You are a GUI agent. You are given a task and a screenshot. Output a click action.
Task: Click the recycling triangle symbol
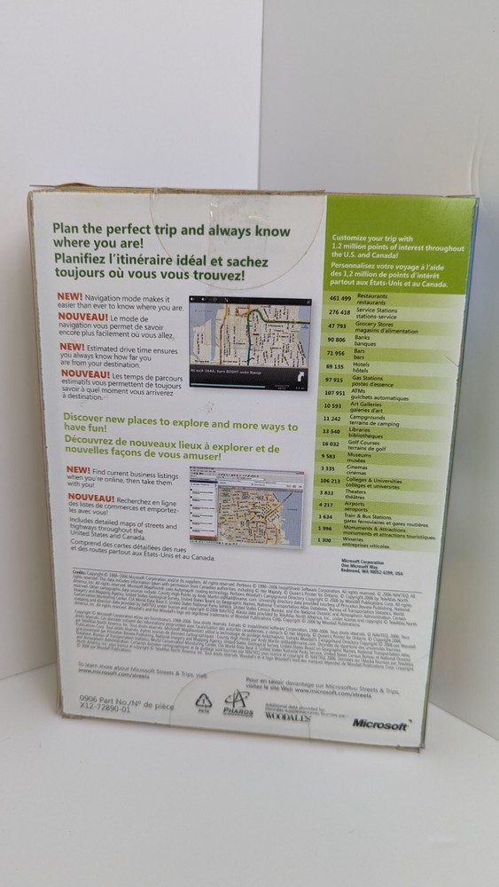click(203, 701)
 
